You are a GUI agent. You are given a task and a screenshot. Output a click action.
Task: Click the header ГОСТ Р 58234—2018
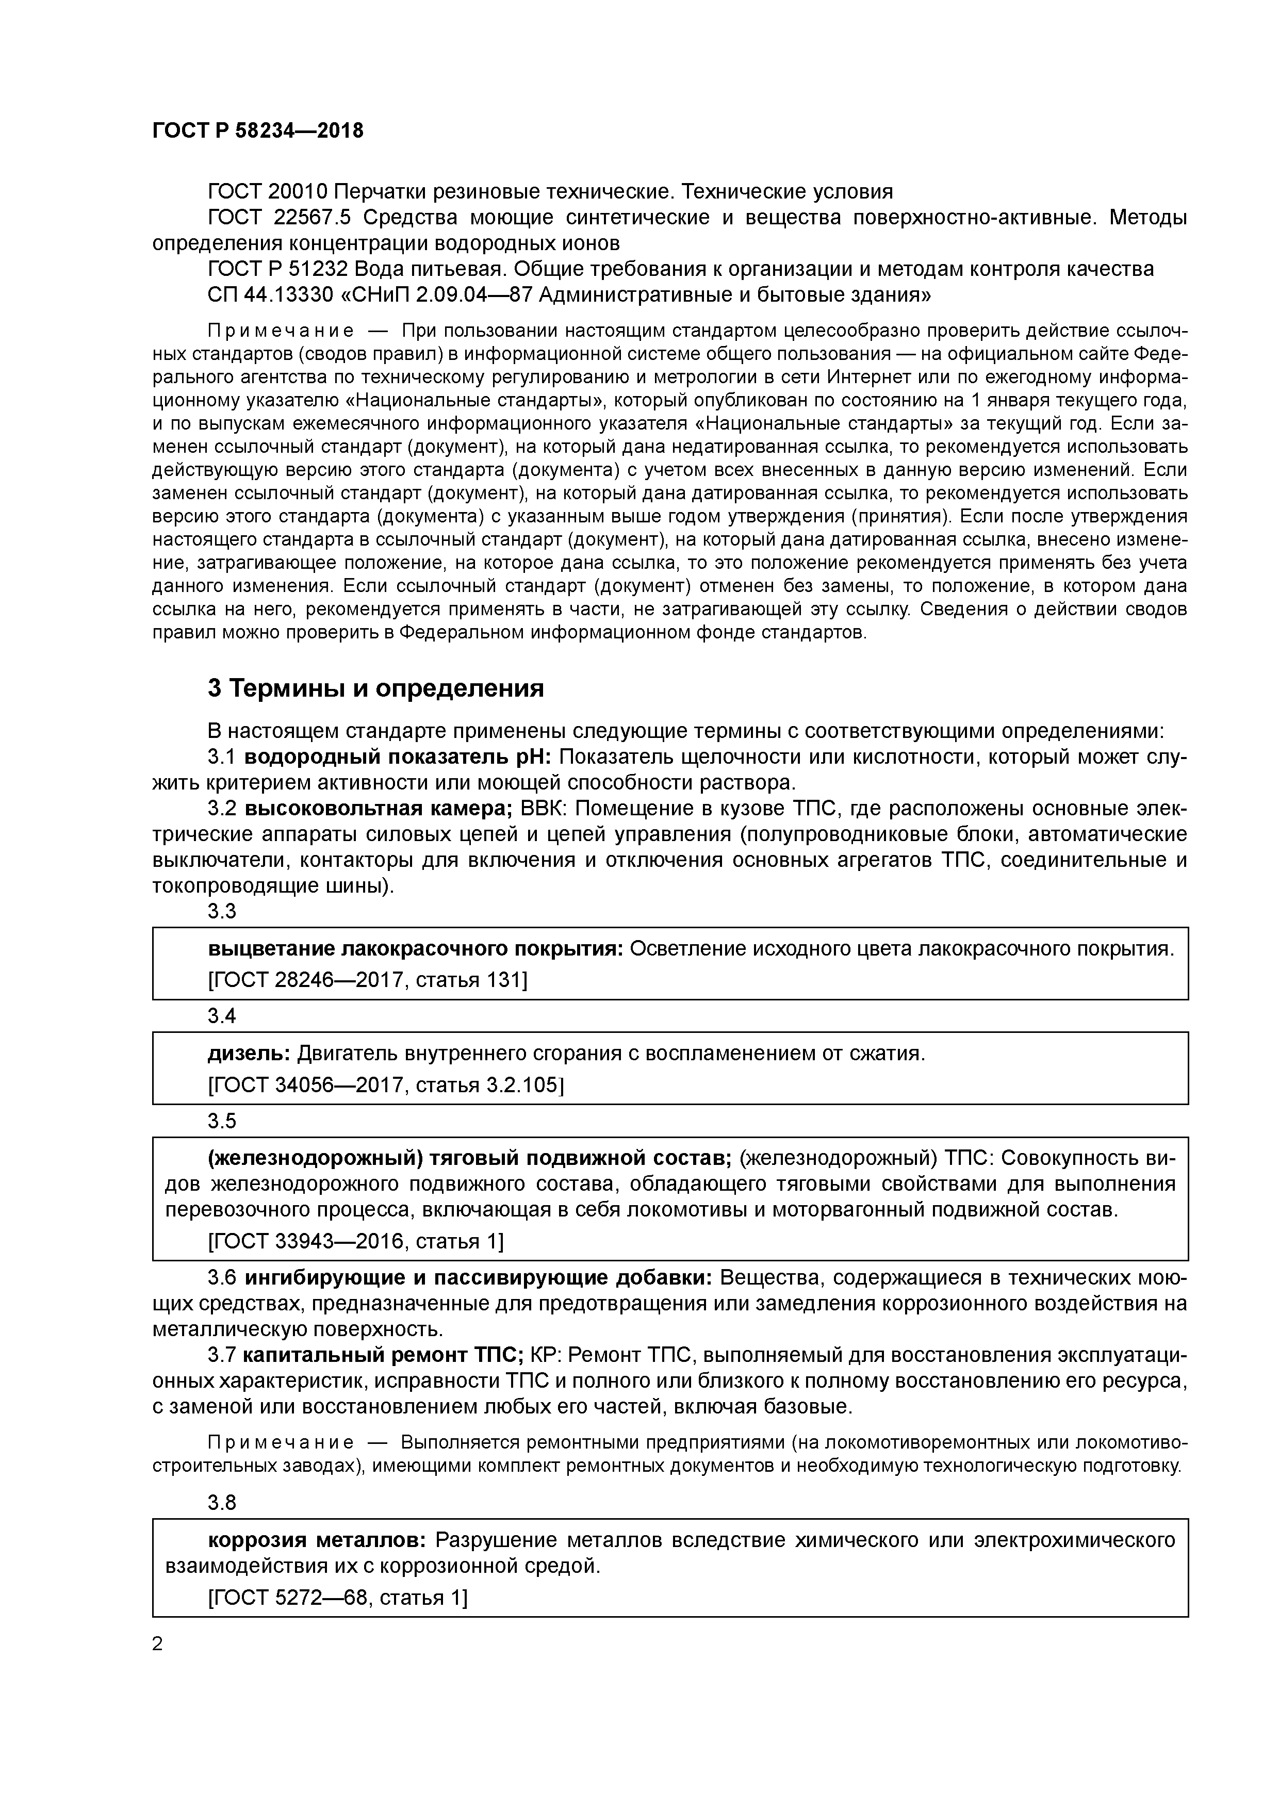click(x=258, y=131)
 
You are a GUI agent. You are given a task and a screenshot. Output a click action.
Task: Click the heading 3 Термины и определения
click(x=376, y=688)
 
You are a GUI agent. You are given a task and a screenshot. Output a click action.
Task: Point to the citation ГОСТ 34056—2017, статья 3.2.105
click(x=385, y=1086)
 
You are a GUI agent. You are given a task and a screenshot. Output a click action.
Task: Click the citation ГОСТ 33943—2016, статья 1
click(x=355, y=1242)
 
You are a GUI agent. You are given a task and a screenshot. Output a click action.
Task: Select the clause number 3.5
click(x=221, y=1121)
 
